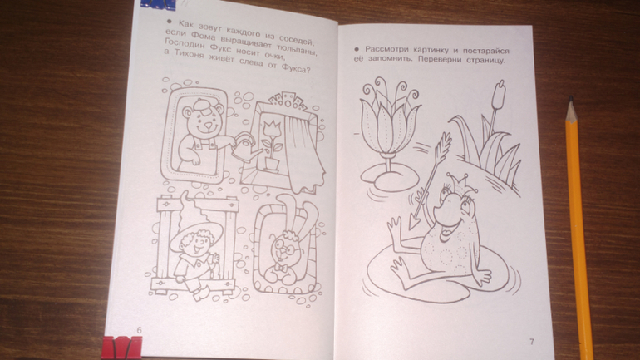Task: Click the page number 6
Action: click(x=139, y=330)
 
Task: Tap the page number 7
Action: click(x=531, y=342)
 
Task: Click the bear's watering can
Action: click(x=248, y=147)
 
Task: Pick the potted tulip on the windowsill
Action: click(x=272, y=145)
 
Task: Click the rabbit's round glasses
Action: click(x=283, y=247)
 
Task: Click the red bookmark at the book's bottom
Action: click(x=121, y=348)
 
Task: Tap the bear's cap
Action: click(x=203, y=105)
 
